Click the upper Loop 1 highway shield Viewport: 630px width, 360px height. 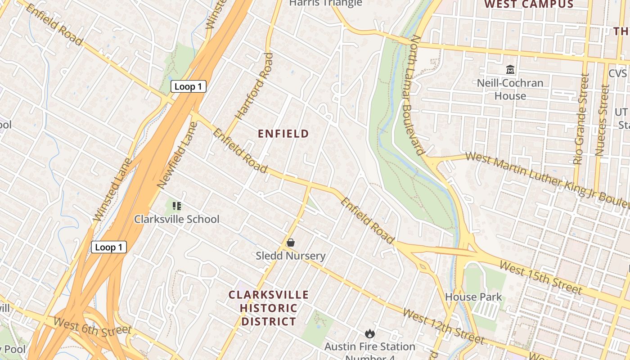point(188,86)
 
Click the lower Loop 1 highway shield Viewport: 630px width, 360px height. point(108,247)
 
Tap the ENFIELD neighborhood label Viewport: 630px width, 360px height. point(283,134)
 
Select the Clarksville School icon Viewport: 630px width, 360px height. point(177,206)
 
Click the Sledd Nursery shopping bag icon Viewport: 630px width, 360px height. point(291,243)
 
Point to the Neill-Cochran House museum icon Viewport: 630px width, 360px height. point(510,70)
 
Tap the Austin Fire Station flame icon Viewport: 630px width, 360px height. point(370,333)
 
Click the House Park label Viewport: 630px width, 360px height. point(473,297)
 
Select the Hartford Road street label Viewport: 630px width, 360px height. point(255,86)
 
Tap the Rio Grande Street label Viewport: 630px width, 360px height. point(581,119)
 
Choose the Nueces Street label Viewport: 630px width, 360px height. point(602,121)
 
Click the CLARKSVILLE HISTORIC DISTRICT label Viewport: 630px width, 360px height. point(269,308)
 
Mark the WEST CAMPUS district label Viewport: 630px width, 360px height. point(529,4)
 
